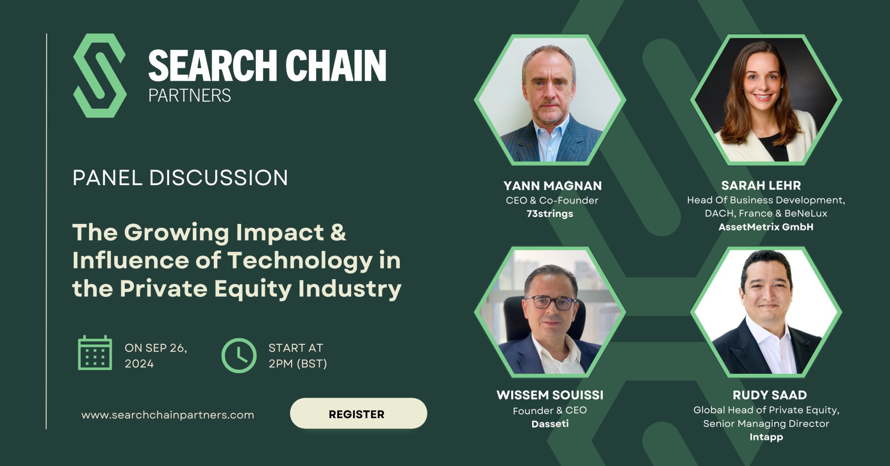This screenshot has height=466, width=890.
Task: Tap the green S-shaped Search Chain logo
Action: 100,76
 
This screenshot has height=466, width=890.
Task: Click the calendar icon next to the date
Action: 95,353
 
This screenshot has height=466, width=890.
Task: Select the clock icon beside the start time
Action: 239,355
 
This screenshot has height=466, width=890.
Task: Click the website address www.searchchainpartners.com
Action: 167,415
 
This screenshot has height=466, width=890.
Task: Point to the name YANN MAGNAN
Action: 552,186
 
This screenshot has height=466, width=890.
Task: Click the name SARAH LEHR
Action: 760,186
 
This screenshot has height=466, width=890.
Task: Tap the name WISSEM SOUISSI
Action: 550,395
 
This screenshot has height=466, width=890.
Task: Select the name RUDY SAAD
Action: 769,395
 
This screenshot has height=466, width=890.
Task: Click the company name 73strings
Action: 550,213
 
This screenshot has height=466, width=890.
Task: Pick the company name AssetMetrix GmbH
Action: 766,227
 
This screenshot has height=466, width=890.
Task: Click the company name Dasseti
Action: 550,423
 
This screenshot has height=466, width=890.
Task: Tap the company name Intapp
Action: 766,437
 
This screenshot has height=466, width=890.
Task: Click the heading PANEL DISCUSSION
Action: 180,178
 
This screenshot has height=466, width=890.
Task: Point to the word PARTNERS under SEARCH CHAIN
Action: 189,96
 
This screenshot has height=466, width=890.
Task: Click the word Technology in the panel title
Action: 300,260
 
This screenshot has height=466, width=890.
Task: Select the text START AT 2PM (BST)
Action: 297,356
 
